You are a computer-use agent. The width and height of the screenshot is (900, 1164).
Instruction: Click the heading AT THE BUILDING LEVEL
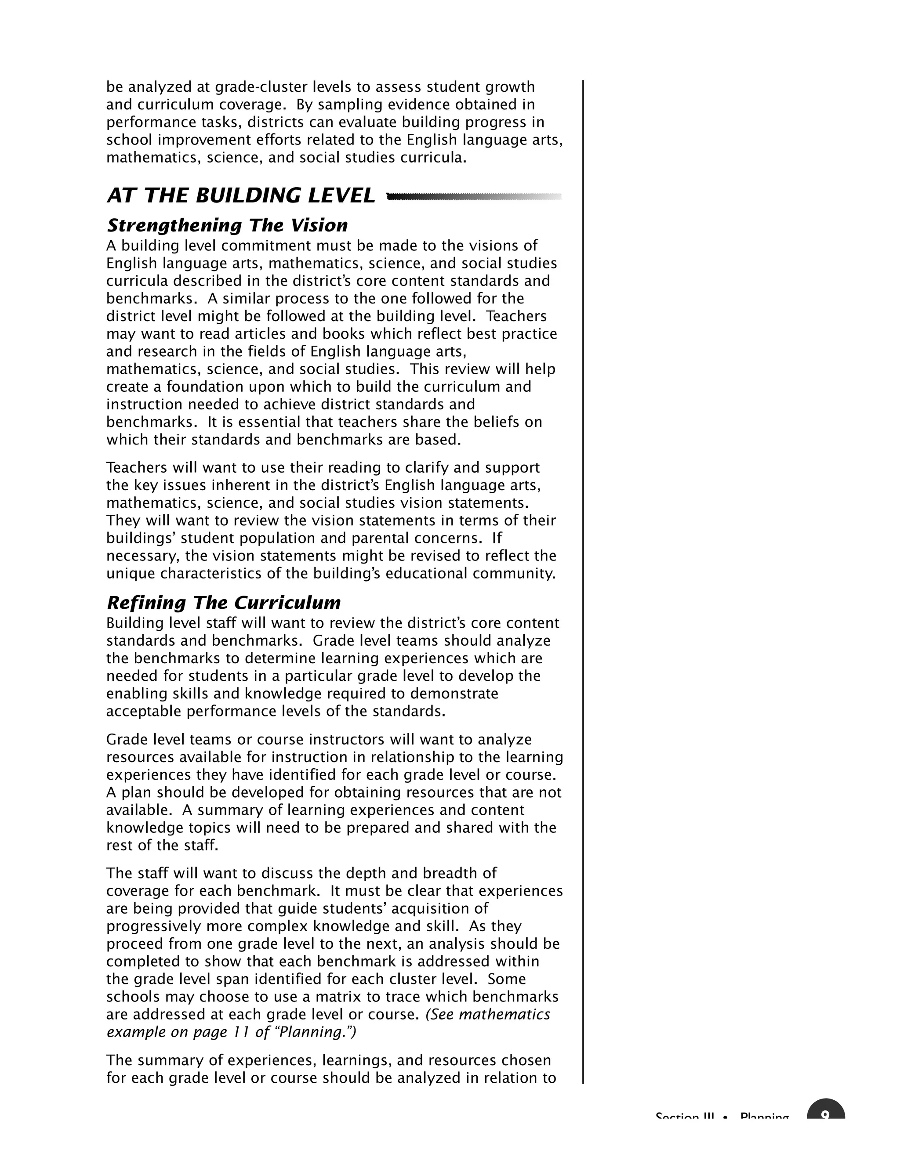click(x=240, y=195)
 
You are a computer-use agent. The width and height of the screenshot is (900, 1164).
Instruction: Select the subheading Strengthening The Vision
click(x=227, y=225)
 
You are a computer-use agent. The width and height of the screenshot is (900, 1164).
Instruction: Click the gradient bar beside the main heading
click(x=473, y=197)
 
